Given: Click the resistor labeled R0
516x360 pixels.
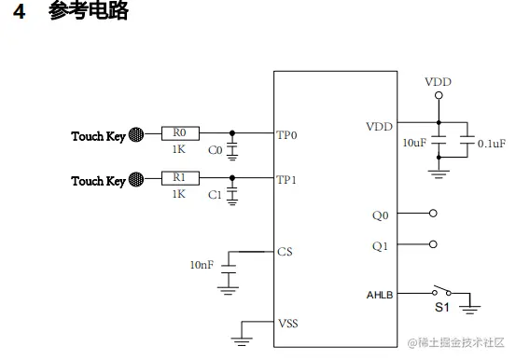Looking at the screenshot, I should point(180,133).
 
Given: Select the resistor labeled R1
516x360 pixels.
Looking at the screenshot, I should point(180,178).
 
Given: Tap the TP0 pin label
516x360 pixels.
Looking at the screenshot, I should point(286,134).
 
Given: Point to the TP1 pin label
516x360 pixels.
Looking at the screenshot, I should point(286,179).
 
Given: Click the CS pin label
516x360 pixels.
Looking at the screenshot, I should point(286,251).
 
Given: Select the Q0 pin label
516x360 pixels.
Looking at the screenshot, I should point(381,215).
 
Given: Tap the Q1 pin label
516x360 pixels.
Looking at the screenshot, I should point(381,247).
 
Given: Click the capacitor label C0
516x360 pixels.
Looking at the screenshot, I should point(215,150).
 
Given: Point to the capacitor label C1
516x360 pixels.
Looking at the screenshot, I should point(215,194).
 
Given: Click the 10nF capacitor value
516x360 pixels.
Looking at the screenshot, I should point(202,266).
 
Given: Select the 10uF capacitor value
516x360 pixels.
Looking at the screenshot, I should point(415,143).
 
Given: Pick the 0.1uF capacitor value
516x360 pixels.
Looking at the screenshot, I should point(491,144).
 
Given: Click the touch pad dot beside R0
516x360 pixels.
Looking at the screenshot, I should point(136,134).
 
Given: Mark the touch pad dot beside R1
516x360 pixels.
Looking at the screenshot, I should point(136,179).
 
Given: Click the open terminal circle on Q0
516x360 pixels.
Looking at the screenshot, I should point(432,213).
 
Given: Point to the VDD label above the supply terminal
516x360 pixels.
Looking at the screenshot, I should point(438,82).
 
